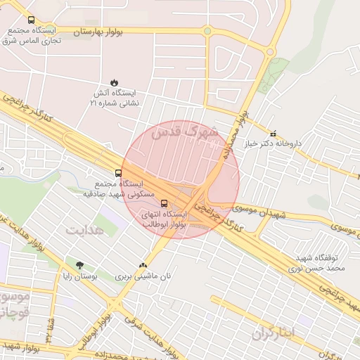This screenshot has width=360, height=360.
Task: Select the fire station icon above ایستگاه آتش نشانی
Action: [115, 82]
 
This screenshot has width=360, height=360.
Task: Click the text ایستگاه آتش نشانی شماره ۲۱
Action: [115, 98]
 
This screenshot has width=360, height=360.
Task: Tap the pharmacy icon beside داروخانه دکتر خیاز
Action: [273, 133]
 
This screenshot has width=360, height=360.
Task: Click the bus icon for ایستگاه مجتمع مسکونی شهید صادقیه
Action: [117, 172]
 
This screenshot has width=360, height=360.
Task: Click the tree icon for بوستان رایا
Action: [79, 265]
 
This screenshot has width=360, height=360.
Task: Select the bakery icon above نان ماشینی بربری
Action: [143, 265]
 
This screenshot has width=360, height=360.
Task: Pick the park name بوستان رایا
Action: [79, 277]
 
